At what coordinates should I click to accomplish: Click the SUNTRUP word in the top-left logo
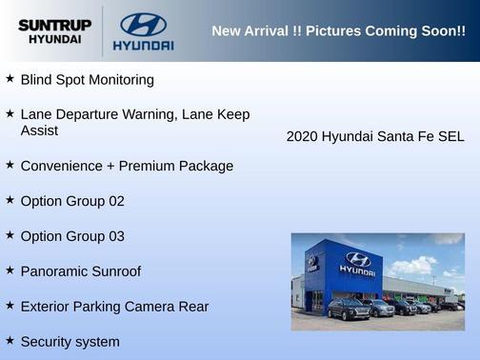point(54,25)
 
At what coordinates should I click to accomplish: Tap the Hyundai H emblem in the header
point(143,24)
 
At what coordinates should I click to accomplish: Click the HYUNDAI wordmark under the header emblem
point(143,45)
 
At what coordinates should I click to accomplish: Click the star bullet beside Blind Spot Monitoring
point(10,79)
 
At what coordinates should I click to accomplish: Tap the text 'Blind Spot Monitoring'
point(87,80)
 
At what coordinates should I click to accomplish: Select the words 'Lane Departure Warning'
point(98,114)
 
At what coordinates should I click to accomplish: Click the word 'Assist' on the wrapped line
point(39,130)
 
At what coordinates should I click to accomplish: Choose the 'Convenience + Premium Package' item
point(127,166)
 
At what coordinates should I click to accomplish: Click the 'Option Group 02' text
point(72,201)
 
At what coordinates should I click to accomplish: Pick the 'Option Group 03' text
point(72,236)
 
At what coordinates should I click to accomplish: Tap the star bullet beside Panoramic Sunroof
point(10,270)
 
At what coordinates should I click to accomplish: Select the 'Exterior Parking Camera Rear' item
point(114,307)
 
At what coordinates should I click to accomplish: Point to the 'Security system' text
point(70,342)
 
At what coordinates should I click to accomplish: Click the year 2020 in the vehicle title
point(302,137)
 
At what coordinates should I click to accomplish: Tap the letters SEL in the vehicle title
point(450,137)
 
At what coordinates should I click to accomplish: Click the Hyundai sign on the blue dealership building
point(357,263)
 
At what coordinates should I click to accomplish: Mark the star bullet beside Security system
point(10,341)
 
